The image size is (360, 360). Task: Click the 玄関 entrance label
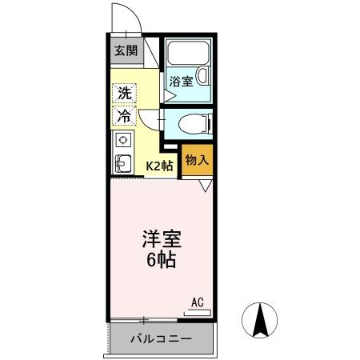124,50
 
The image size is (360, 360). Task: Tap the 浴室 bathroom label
181,81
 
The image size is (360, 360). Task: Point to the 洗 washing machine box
124,92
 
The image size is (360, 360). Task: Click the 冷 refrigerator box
124,116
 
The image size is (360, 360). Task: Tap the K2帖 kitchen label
158,166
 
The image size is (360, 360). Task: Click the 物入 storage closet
197,160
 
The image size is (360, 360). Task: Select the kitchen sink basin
123,164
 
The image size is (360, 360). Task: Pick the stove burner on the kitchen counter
123,140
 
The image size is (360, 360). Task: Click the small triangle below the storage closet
204,186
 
